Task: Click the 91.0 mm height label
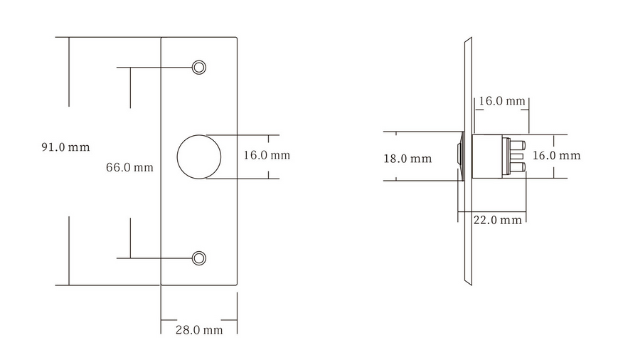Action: coord(66,147)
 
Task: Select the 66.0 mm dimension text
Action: coord(129,168)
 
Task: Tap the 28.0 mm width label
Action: coord(199,330)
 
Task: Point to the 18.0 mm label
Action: coord(407,159)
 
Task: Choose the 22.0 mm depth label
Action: coord(497,220)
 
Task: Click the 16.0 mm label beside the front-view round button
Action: coord(267,155)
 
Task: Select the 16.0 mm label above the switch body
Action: coord(502,101)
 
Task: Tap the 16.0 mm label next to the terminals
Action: coord(557,156)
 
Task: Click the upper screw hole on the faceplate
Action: coord(199,68)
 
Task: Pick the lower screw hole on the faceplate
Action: coord(199,258)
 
